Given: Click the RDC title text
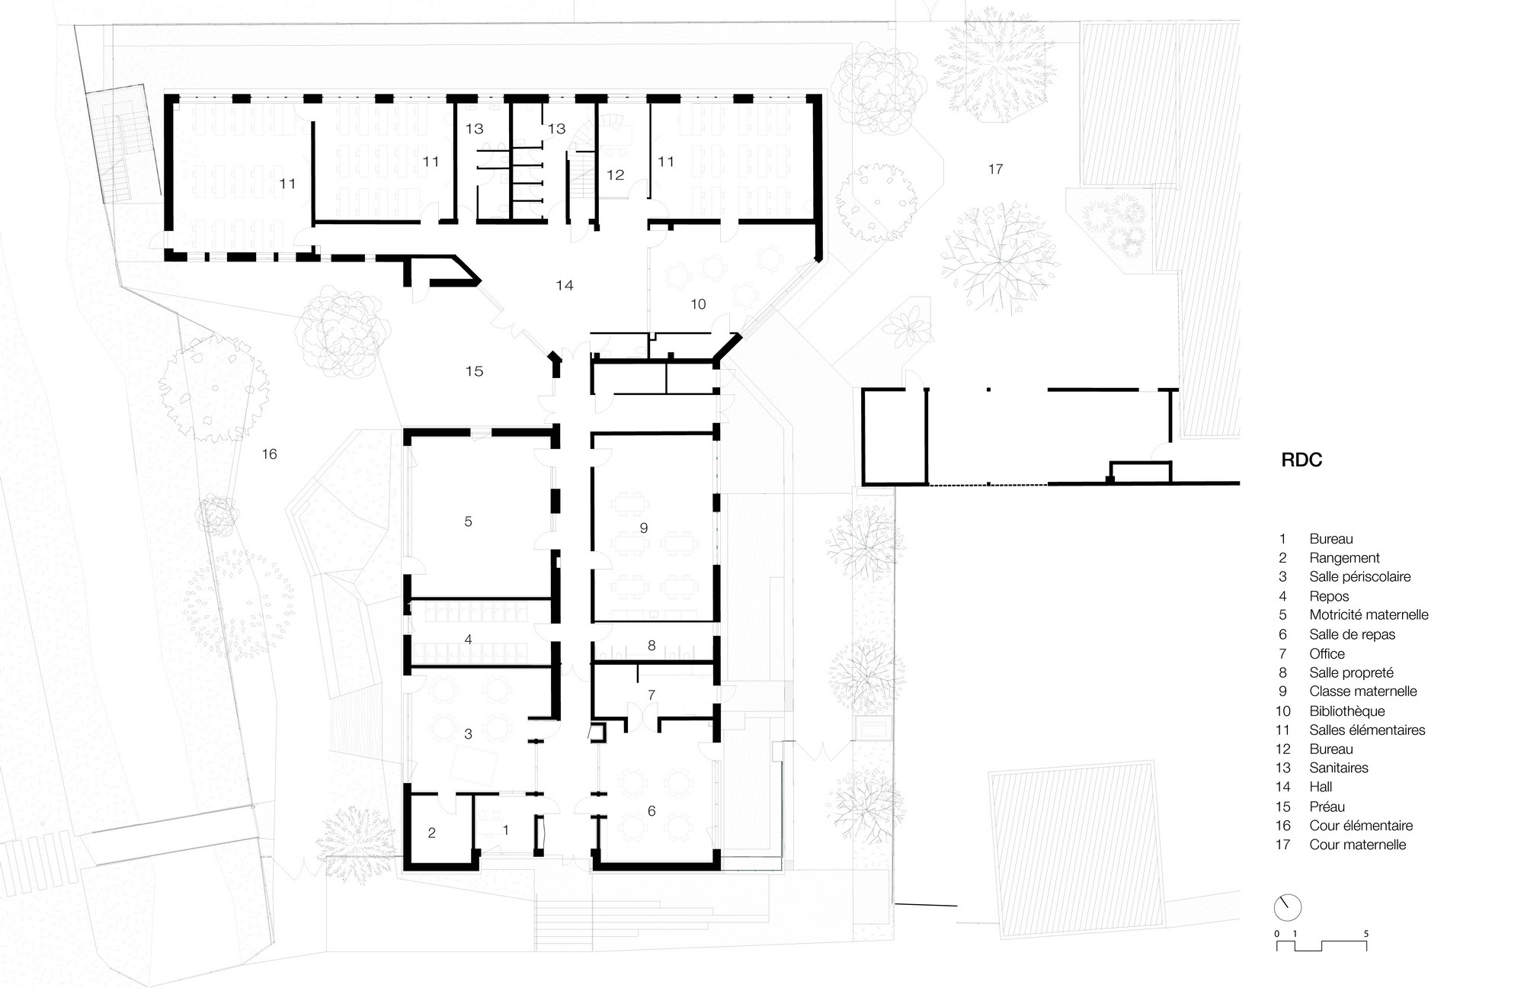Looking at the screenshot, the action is click(1301, 460).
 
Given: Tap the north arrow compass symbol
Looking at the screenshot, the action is click(1287, 907).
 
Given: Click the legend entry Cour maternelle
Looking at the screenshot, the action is click(1357, 845).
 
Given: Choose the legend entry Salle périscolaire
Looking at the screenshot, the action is click(1359, 577).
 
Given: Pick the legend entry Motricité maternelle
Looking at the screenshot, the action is click(1369, 615).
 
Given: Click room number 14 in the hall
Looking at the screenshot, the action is click(564, 286).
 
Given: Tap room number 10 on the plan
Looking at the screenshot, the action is click(698, 305).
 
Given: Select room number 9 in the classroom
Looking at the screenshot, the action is click(644, 528).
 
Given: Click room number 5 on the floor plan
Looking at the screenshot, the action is click(468, 521).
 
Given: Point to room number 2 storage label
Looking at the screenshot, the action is click(431, 833).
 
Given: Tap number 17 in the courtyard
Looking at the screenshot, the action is click(995, 169).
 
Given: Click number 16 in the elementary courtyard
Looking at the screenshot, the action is click(269, 454).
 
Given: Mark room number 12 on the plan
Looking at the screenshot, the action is click(616, 175).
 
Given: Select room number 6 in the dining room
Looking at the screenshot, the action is click(652, 811).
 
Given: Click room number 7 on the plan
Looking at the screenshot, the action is click(652, 695).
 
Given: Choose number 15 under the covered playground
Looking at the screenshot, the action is click(474, 371).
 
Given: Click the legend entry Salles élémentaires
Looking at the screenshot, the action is click(1367, 730).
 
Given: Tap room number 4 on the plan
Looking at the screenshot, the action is click(468, 640).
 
